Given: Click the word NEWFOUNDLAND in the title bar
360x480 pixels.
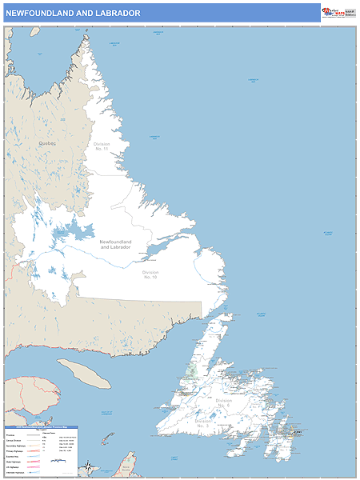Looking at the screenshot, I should [x=41, y=14].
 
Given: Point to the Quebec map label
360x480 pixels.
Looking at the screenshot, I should [x=47, y=143].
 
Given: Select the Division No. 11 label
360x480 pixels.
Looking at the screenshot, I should [x=101, y=146].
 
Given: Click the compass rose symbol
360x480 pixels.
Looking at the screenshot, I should [x=88, y=466].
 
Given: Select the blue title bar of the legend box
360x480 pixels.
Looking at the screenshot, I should [x=40, y=427].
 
